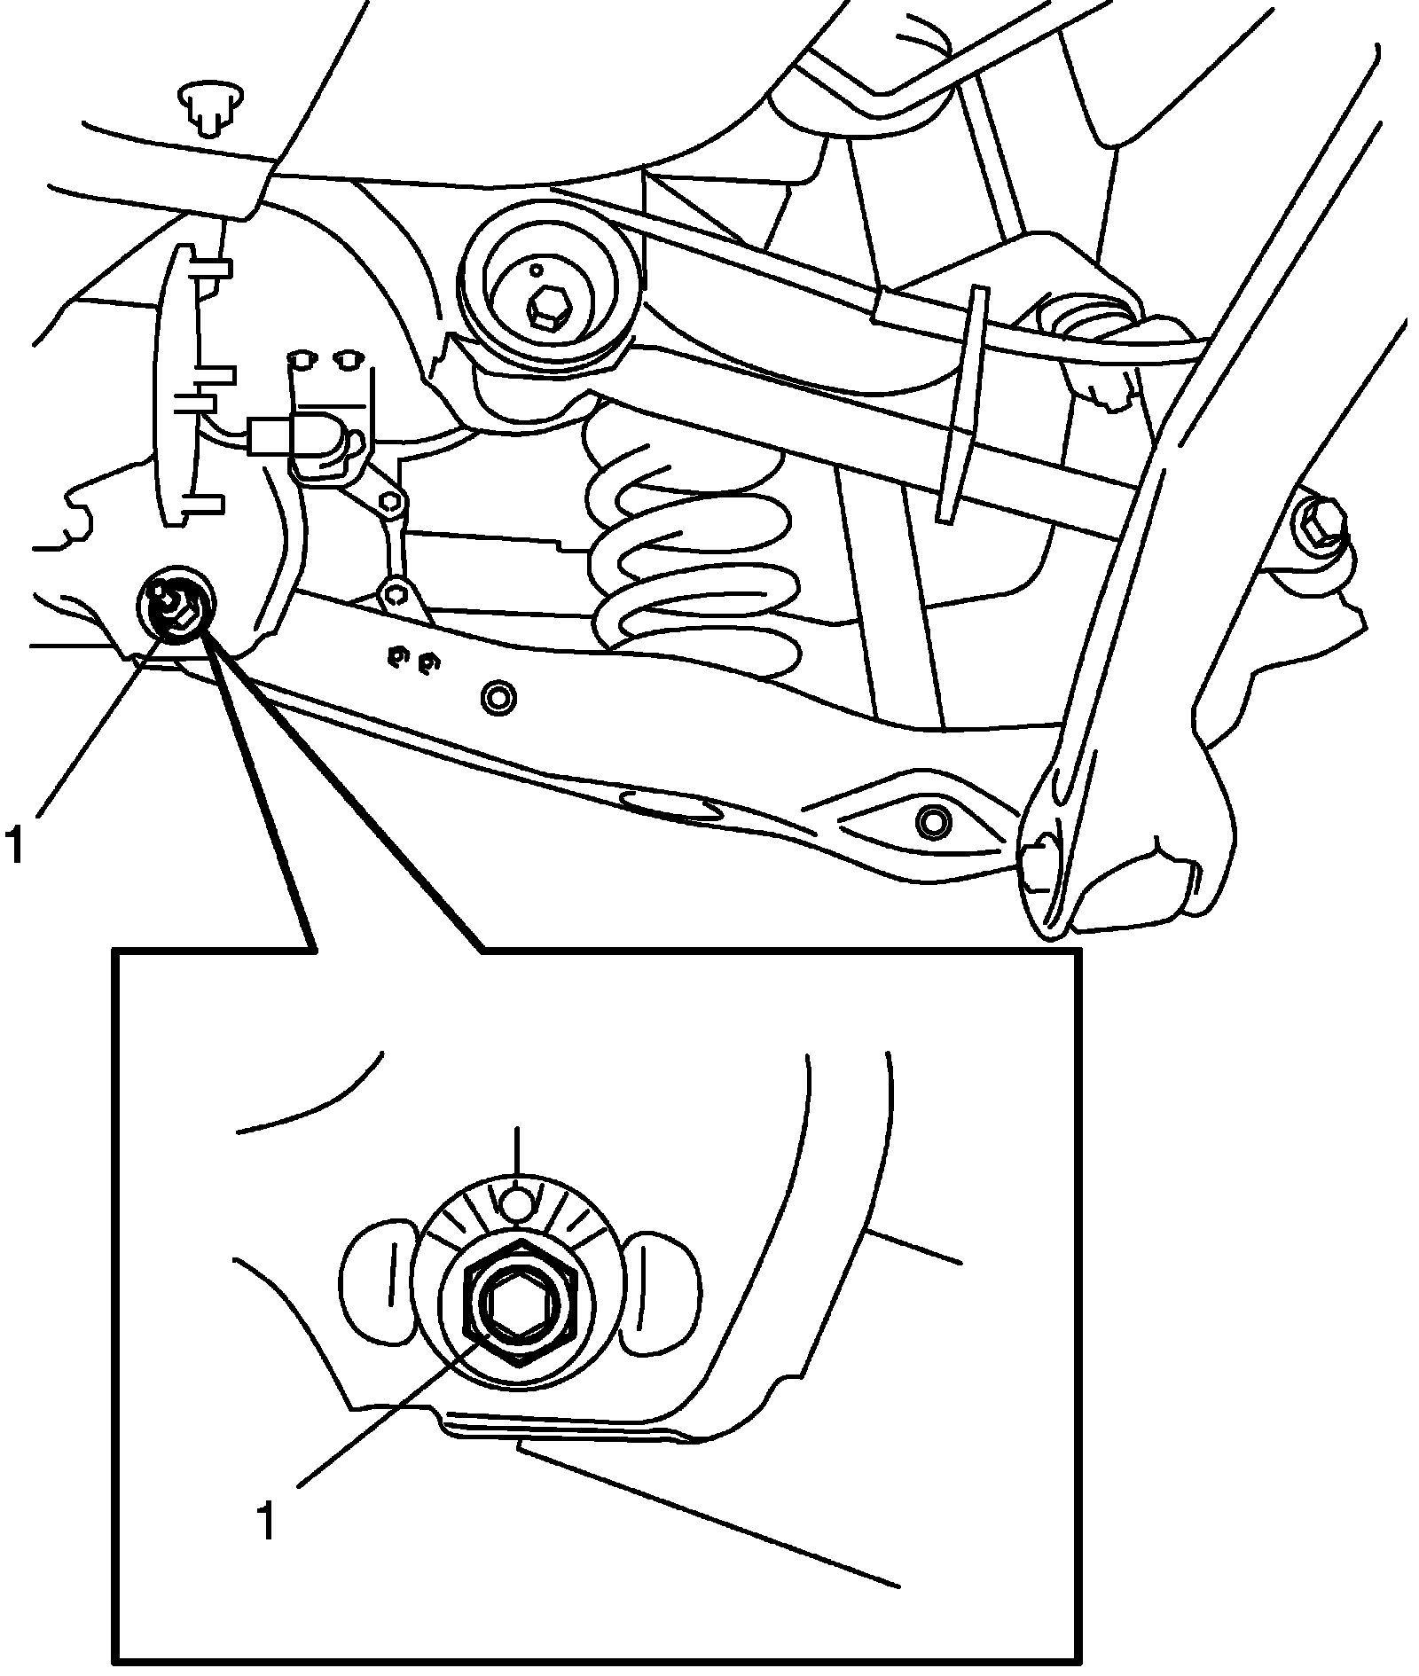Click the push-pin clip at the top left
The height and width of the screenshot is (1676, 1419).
[209, 106]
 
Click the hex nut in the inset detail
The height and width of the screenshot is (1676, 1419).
[520, 1301]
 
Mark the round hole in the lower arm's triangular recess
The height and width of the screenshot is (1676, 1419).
[931, 822]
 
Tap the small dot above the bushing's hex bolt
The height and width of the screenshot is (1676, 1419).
[536, 269]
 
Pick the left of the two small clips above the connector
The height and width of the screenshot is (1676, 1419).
[302, 358]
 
